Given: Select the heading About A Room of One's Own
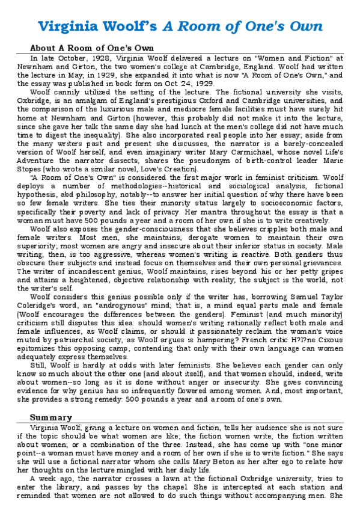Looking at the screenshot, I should [92, 48].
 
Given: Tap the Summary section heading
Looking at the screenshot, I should [51, 417].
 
